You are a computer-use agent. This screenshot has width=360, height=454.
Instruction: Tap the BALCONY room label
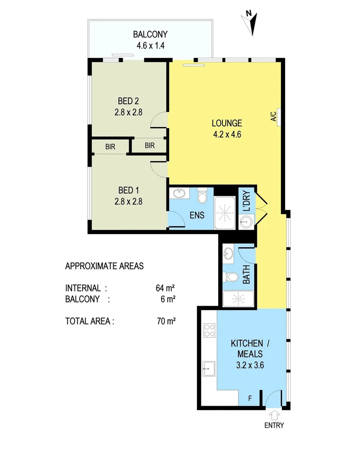[x=150, y=34]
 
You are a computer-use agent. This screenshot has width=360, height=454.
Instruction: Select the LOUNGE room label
[x=227, y=123]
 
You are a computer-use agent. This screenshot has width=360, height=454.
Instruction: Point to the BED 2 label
[x=128, y=101]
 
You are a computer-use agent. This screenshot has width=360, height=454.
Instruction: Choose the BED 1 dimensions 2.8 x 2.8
[x=128, y=201]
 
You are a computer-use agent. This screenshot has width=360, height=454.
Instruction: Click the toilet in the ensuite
[x=202, y=195]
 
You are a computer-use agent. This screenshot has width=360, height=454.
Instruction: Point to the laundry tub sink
[x=246, y=222]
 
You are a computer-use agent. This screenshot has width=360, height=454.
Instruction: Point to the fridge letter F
[x=250, y=398]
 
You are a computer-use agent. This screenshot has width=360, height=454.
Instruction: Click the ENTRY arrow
[x=274, y=415]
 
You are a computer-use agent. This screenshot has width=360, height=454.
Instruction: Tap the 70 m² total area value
[x=165, y=321]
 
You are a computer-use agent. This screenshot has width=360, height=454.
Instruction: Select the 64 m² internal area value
[x=165, y=288]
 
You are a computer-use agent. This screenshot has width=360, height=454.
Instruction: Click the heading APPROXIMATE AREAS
[x=104, y=266]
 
